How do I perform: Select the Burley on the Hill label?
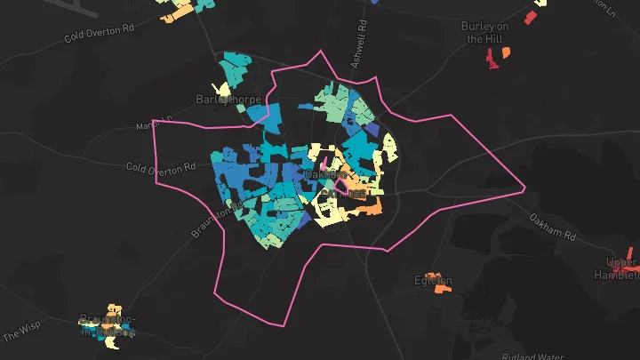tap(485, 32)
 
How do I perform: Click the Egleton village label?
tap(433, 281)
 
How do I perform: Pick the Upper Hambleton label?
tap(621, 268)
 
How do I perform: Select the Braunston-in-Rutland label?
tap(108, 325)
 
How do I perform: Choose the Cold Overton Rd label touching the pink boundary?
tap(160, 167)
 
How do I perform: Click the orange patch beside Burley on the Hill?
tap(507, 52)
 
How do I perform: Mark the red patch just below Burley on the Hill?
tap(492, 60)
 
